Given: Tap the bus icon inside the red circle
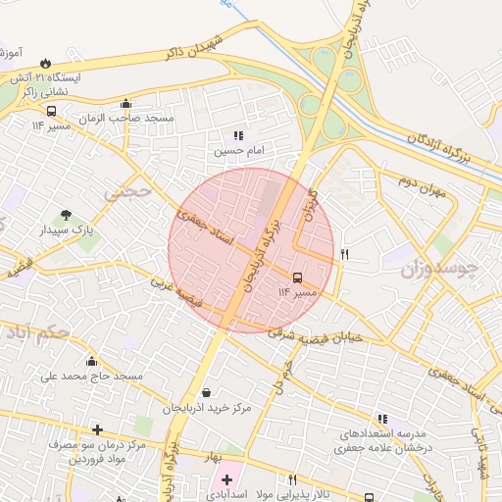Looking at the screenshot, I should point(298,277).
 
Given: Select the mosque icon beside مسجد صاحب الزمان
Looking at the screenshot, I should point(125,105).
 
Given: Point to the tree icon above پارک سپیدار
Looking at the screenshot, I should point(66,215).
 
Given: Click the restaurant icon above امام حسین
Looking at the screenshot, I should point(237,136).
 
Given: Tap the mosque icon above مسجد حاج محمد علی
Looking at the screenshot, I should point(92,361).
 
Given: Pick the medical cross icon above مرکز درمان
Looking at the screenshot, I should point(97,429).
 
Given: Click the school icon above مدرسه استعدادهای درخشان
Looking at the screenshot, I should point(382,419).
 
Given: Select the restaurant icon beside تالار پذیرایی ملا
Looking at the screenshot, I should point(291,480).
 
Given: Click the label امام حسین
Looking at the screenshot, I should point(239,152).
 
